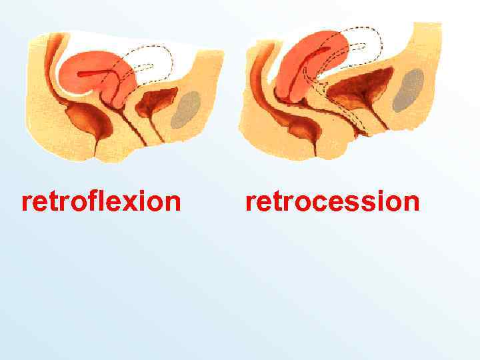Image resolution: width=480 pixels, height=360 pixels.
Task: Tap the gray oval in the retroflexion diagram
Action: (186, 109)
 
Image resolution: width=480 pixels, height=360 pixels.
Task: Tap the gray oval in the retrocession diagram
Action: (408, 90)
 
